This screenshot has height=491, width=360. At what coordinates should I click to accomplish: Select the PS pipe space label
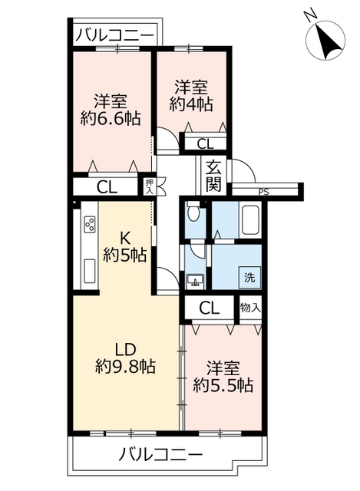[x=264, y=192]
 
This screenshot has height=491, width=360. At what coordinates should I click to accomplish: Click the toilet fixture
[x=194, y=213]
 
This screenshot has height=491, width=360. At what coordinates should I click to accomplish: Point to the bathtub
[x=250, y=219]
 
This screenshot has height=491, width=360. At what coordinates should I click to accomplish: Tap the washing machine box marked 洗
[x=249, y=278]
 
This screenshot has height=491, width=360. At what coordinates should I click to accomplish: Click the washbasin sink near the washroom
[x=196, y=281]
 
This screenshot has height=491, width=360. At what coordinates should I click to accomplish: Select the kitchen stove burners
[x=90, y=224]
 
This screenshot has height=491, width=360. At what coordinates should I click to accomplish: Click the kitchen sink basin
[x=90, y=271]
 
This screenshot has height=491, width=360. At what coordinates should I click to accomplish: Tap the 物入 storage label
[x=250, y=308]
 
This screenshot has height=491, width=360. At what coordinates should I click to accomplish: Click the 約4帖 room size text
[x=191, y=104]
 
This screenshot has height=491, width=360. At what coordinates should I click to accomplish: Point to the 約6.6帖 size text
[x=110, y=119]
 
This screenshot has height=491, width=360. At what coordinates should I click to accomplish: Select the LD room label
[x=125, y=350]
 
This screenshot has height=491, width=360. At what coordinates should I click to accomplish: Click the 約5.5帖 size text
[x=223, y=385]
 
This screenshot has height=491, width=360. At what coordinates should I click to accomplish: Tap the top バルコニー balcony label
[x=114, y=35]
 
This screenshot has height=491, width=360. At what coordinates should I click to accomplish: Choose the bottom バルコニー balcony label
[x=160, y=453]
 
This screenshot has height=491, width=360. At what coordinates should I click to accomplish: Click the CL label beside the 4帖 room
[x=205, y=144]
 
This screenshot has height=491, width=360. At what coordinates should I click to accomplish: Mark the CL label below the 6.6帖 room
[x=107, y=187]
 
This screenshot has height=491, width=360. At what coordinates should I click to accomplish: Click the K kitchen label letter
[x=125, y=239]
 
